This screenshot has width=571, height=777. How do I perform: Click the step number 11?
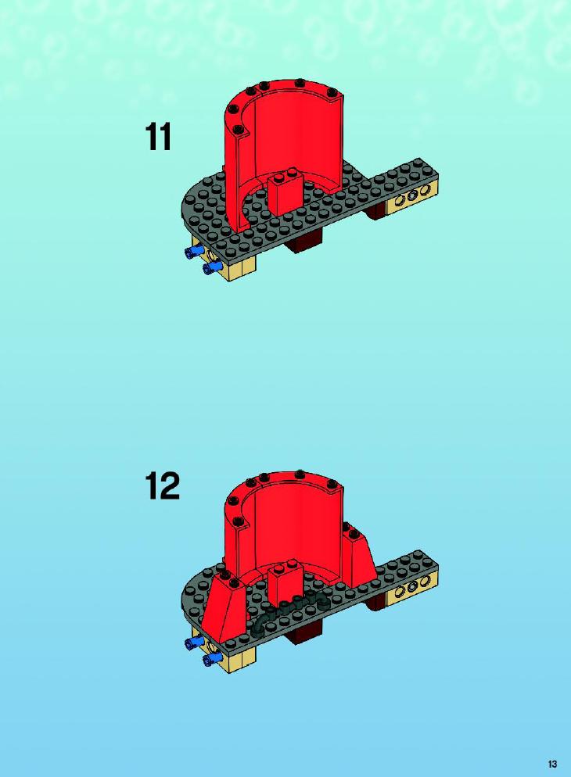(158, 137)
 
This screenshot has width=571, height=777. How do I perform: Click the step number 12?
(162, 486)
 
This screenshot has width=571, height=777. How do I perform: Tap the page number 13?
(553, 764)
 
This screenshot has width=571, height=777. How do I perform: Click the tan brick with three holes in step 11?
(413, 199)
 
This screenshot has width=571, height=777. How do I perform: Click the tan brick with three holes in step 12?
(413, 590)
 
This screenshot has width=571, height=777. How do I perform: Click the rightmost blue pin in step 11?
(212, 268)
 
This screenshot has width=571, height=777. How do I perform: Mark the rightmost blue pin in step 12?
(212, 658)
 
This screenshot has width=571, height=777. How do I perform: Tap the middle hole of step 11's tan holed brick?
(412, 198)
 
